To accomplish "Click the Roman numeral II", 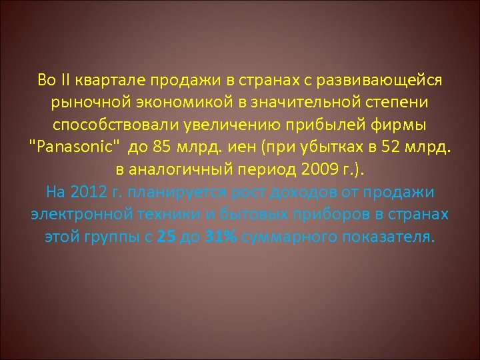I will tap(67, 81).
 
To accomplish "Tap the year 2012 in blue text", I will tap(91, 193).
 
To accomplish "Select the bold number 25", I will tap(166, 238).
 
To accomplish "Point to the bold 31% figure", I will tap(219, 238).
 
